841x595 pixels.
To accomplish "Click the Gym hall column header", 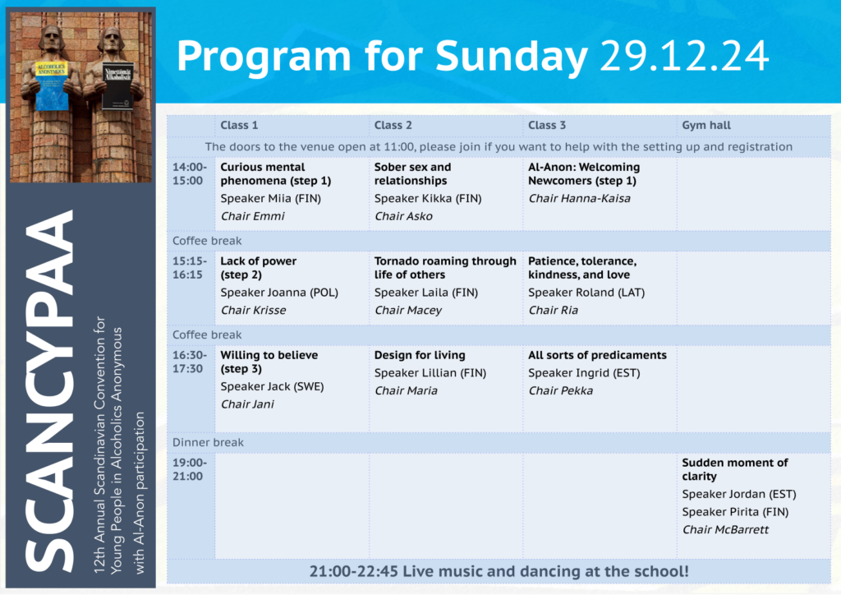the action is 705,125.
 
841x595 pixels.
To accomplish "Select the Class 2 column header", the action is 393,125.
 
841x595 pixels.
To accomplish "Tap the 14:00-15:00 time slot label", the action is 190,174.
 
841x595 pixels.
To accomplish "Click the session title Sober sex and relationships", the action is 412,174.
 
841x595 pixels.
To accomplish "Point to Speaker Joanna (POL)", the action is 279,293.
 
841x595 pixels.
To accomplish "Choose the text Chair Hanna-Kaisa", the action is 579,199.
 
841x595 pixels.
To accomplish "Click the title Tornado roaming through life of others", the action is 445,268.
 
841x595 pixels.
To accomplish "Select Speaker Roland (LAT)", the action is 586,293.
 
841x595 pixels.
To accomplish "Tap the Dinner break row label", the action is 208,442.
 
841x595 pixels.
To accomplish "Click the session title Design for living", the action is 420,355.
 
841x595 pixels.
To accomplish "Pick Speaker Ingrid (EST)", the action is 584,373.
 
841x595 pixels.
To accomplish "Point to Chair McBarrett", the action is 725,529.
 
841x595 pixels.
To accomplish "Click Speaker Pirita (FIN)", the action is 735,512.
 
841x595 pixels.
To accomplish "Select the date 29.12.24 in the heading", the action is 684,56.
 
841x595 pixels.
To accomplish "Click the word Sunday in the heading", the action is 511,57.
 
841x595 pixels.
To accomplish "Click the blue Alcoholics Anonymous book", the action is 52,85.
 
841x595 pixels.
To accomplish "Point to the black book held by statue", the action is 117,86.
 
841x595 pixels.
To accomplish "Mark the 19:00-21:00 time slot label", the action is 190,469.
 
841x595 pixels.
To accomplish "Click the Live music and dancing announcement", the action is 499,571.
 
